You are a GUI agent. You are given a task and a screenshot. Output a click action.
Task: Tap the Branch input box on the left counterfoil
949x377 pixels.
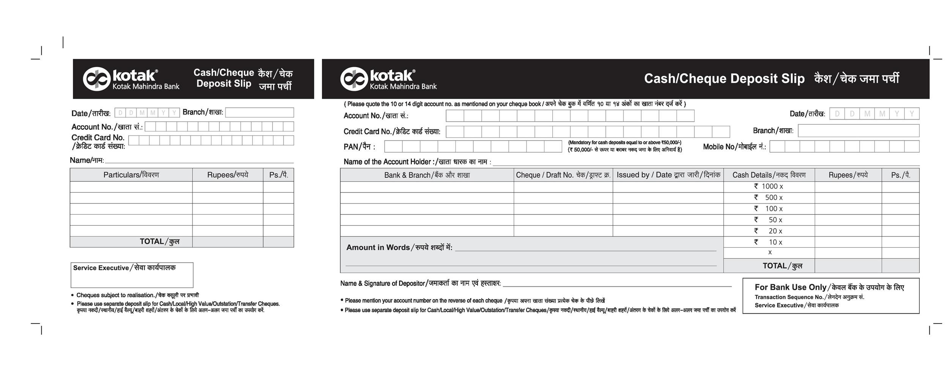coord(259,112)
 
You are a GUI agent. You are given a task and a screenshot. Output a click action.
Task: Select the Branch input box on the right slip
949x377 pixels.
coord(858,131)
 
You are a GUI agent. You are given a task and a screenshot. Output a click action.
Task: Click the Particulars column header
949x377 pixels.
coord(131,175)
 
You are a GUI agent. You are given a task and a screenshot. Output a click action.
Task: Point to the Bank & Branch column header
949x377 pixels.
coord(427,175)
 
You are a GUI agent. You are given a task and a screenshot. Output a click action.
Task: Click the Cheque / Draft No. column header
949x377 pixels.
coord(563,175)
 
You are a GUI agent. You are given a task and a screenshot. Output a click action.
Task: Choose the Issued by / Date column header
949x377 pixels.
coord(668,175)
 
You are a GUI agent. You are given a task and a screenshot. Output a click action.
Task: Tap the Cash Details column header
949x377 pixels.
coord(769,175)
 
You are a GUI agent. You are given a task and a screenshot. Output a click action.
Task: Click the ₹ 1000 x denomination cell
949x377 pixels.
coord(769,186)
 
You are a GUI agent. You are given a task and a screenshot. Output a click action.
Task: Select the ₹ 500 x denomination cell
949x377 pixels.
coord(769,197)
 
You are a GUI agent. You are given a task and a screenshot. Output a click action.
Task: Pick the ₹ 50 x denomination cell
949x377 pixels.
coord(769,220)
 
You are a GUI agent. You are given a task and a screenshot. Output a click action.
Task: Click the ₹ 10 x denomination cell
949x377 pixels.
coord(769,242)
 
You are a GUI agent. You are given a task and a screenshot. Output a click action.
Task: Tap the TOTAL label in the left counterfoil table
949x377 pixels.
coord(159,242)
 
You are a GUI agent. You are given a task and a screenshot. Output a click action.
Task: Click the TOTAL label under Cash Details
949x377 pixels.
coord(782,266)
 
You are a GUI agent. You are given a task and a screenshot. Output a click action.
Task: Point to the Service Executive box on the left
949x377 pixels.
coord(132,275)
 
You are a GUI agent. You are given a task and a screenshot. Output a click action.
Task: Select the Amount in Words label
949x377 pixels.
coord(399,248)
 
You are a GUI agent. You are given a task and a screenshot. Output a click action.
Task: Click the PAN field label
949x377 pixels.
coord(359,147)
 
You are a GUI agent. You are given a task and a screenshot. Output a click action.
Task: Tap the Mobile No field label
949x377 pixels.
coord(734,147)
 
